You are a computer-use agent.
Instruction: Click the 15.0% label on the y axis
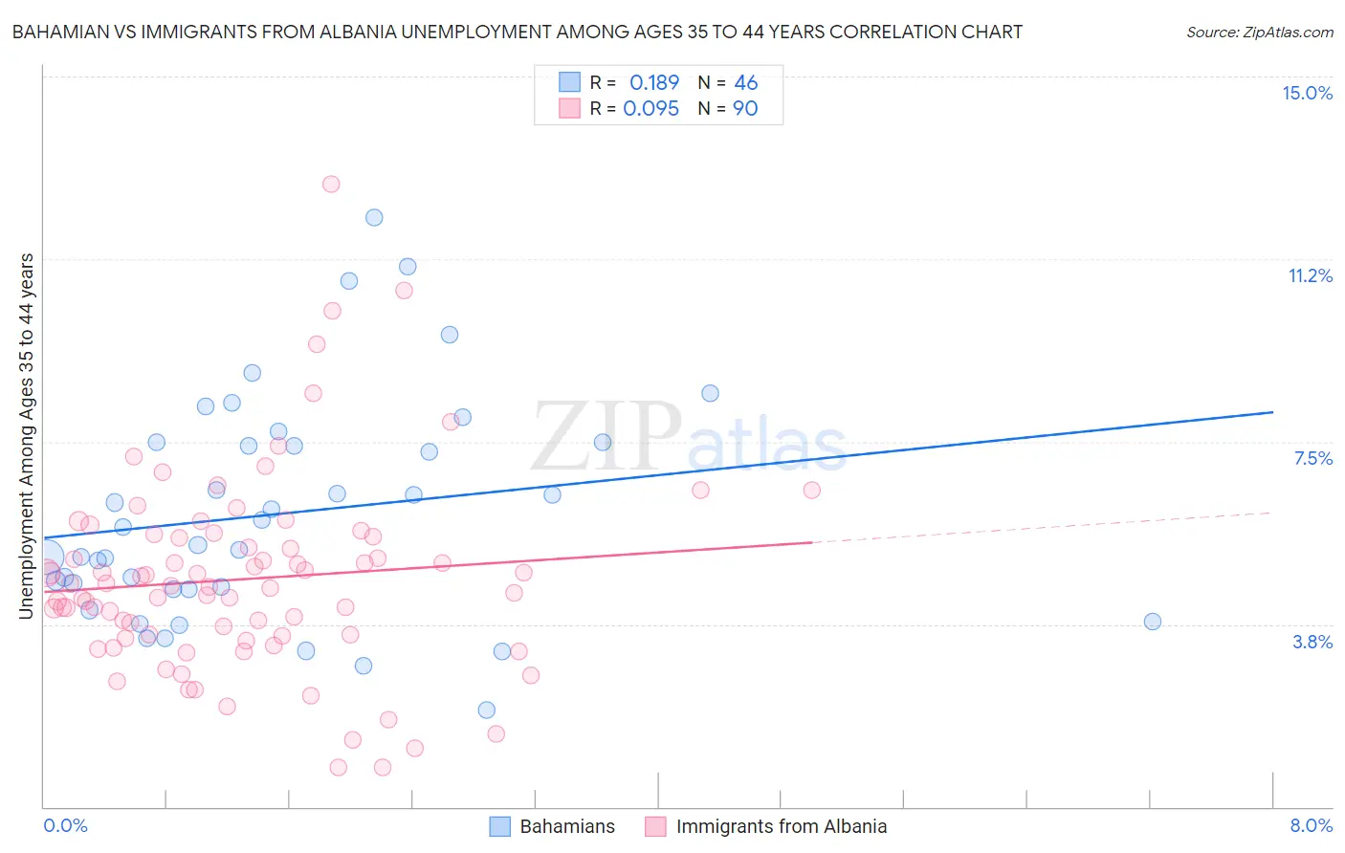1307,93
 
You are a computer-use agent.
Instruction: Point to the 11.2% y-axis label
1310,275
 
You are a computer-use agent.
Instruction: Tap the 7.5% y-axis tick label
1312,458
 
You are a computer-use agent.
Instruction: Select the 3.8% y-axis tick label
1312,642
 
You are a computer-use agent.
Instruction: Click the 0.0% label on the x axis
65,825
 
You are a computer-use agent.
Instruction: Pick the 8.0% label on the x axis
1311,825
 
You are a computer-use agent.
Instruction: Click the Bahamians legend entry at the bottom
566,826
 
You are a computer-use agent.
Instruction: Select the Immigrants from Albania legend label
781,826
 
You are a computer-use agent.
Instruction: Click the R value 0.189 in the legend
654,83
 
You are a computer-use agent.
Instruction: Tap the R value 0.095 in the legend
650,109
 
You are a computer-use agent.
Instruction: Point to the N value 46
746,83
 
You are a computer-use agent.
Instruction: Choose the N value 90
745,109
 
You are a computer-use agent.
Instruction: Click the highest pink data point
331,184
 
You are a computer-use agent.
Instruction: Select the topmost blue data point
374,217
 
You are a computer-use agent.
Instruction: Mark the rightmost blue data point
1153,622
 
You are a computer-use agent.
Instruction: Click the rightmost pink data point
812,490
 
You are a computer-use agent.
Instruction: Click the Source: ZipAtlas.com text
1259,32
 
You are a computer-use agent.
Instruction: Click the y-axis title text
27,435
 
